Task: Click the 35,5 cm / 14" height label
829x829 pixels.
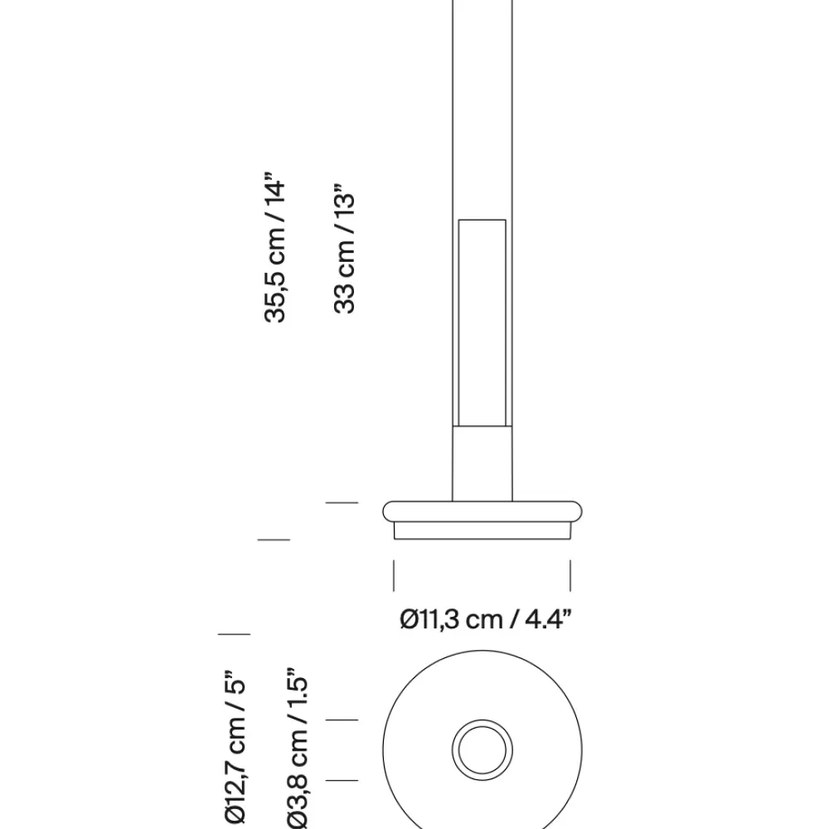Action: coord(275,247)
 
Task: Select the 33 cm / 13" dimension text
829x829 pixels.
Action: coord(345,249)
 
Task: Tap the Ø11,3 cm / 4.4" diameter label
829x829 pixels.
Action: coord(486,619)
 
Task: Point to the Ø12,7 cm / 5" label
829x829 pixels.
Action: coord(235,748)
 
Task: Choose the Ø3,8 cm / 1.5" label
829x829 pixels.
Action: coord(297,751)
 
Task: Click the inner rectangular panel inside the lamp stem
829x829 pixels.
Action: coord(482,322)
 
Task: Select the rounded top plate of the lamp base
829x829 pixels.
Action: coord(482,511)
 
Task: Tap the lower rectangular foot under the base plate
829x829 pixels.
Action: coord(482,531)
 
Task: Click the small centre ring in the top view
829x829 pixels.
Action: coord(482,749)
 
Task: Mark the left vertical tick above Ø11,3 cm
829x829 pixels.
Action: coord(394,576)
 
